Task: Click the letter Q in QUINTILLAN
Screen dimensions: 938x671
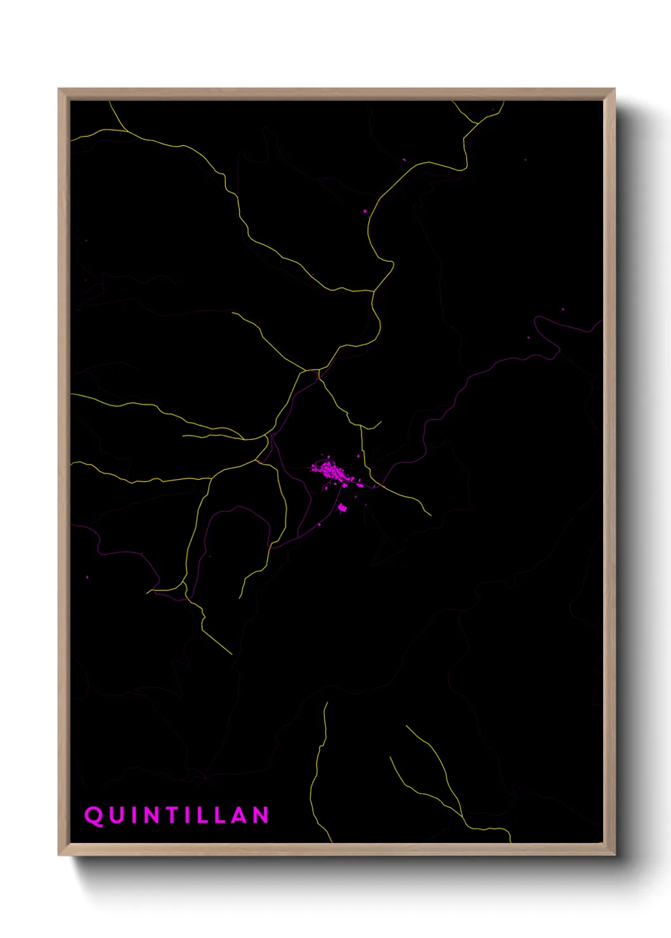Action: click(94, 815)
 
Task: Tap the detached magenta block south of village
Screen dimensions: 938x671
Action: click(342, 508)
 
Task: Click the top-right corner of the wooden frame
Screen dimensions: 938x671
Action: click(611, 92)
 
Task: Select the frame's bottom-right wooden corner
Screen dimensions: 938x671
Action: click(611, 852)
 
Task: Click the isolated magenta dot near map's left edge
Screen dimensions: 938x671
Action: click(88, 577)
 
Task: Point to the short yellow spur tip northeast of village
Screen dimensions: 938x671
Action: click(381, 422)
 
